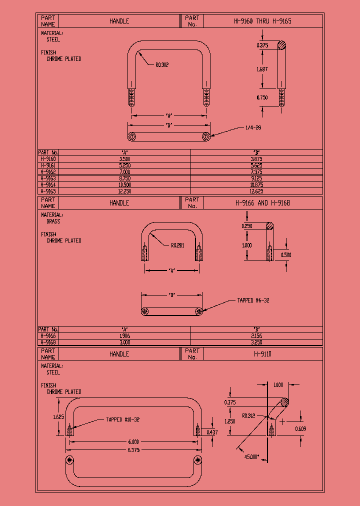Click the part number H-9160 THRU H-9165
pos(262,21)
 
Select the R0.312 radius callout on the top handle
pos(162,64)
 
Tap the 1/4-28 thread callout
pos(253,127)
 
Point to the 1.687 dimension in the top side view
pos(262,69)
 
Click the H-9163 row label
pos(48,178)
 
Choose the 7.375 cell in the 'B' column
pos(256,171)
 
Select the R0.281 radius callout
pos(177,245)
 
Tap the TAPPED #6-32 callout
pos(253,300)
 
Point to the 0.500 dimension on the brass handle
pos(286,254)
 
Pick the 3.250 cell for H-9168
pos(256,342)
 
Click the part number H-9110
pos(262,353)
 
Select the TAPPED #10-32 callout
pos(122,419)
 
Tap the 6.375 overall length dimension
pos(133,450)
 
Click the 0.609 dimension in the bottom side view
pos(301,429)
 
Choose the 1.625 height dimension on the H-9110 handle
pos(58,416)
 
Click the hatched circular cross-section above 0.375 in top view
pos(282,45)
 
